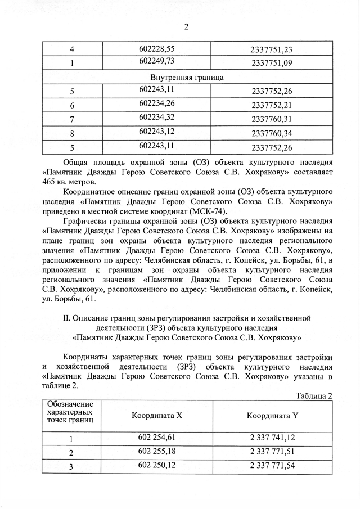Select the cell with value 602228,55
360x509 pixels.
click(157, 49)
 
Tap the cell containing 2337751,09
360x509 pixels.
click(272, 62)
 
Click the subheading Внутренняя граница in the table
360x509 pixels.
click(187, 76)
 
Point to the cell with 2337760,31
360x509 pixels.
click(272, 119)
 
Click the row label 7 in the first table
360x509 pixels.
click(72, 119)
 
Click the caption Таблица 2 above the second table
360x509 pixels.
click(313, 395)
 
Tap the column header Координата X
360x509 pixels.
click(157, 416)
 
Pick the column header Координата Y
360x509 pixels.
click(272, 416)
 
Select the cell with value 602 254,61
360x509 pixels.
click(157, 437)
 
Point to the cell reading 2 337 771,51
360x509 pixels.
click(272, 452)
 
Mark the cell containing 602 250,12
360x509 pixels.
click(157, 465)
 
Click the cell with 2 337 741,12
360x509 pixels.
click(272, 437)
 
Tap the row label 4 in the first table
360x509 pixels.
click(72, 49)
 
